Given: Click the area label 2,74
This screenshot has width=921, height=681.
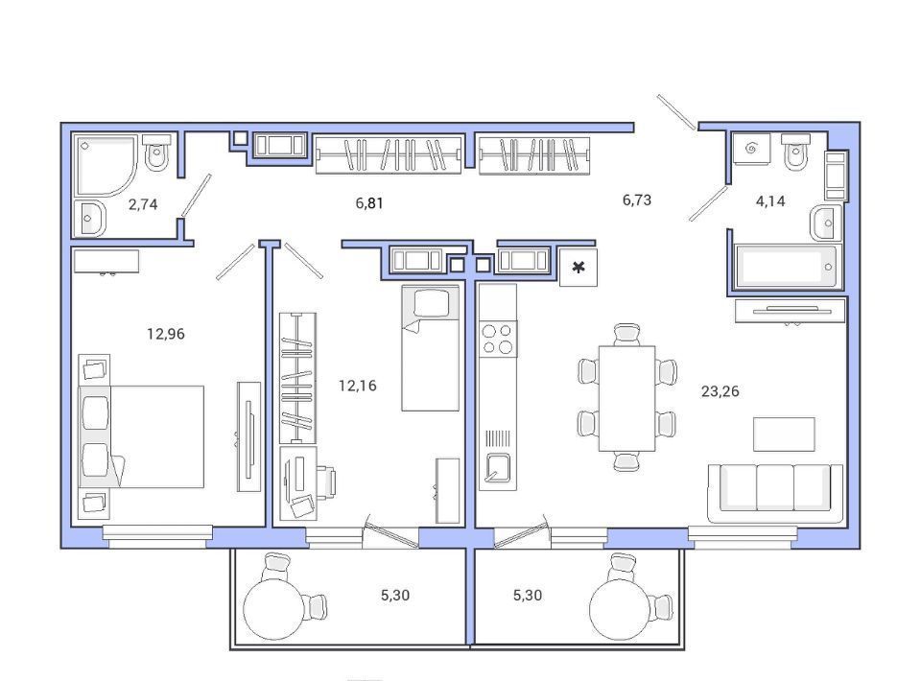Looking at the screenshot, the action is pyautogui.click(x=143, y=204).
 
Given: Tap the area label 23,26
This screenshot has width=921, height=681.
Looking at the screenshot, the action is pyautogui.click(x=720, y=391).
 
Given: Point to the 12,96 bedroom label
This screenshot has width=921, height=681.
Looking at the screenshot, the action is pyautogui.click(x=166, y=334).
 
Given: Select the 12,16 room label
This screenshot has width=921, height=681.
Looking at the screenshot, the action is pyautogui.click(x=358, y=386).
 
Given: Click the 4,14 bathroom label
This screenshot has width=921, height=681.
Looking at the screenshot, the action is pyautogui.click(x=770, y=200).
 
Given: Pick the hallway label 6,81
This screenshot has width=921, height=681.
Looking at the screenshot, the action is pyautogui.click(x=369, y=203).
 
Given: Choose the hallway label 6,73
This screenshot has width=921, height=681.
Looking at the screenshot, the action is pyautogui.click(x=637, y=200).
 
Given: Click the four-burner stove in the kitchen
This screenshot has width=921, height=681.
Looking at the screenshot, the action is pyautogui.click(x=498, y=339).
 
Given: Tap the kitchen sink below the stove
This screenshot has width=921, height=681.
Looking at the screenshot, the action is pyautogui.click(x=498, y=468).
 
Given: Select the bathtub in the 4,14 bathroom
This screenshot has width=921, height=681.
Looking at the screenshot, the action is pyautogui.click(x=786, y=267).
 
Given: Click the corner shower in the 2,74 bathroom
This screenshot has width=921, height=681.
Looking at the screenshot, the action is pyautogui.click(x=106, y=165).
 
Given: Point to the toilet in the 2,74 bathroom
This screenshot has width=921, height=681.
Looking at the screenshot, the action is pyautogui.click(x=156, y=153).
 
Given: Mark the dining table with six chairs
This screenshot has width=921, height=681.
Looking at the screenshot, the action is pyautogui.click(x=626, y=398).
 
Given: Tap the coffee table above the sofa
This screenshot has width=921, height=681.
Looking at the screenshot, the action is pyautogui.click(x=784, y=434).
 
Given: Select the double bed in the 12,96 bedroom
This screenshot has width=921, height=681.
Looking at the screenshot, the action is pyautogui.click(x=142, y=436).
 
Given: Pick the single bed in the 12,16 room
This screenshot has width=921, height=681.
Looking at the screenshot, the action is pyautogui.click(x=431, y=348).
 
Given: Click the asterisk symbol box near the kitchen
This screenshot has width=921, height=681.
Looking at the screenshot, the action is pyautogui.click(x=579, y=268).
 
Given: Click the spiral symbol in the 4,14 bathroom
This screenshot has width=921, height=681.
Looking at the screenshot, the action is pyautogui.click(x=751, y=149).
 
